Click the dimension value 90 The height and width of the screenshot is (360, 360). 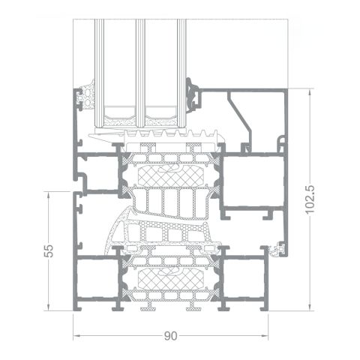click(172, 334)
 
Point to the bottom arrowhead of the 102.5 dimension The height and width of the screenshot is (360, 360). click(311, 307)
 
